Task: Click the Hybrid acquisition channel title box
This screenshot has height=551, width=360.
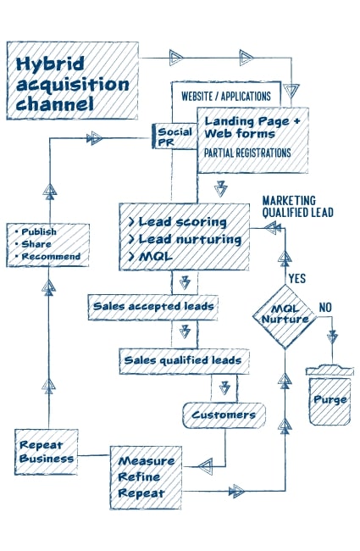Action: coord(72,81)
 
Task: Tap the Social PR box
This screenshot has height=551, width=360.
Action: coord(174,136)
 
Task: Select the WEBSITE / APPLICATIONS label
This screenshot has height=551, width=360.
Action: coord(226,97)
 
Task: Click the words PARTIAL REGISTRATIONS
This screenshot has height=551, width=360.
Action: coord(247,153)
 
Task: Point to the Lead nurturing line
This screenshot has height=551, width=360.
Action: coord(186,239)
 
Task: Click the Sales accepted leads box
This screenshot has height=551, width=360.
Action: coord(153,307)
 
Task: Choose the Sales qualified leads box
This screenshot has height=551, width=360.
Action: coord(184,361)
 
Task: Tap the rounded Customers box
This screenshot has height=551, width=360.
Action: coord(224,415)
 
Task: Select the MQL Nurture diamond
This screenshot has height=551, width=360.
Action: coord(285,317)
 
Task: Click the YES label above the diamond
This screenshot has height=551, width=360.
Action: coord(297,279)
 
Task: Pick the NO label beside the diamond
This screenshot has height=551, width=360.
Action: coord(325,308)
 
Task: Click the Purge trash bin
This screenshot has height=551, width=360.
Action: coord(330,395)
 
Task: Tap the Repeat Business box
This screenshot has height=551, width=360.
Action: coord(46,452)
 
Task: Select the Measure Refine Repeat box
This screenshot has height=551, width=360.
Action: coord(146,477)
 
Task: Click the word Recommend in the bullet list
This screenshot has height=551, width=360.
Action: coord(52,257)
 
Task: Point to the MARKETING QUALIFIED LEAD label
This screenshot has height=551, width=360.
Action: coord(297,207)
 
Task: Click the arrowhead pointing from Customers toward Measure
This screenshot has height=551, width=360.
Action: coord(206,467)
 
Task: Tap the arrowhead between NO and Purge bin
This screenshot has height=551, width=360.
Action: coord(332,337)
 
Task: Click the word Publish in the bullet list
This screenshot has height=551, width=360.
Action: coord(39,232)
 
